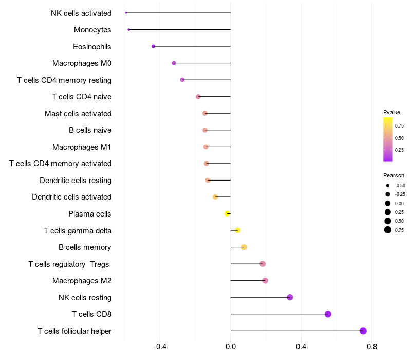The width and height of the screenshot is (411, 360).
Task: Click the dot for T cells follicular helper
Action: (363, 331)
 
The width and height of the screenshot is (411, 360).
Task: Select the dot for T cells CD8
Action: (328, 314)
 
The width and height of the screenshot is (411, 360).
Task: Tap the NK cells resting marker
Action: (290, 297)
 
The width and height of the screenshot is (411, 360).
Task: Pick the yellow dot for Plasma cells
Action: (227, 213)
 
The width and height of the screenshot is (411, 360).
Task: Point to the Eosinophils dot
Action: (153, 46)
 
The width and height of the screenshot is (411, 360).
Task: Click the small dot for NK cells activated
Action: (126, 13)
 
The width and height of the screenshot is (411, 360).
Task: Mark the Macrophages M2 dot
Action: (265, 281)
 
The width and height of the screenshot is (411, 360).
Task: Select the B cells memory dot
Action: (244, 247)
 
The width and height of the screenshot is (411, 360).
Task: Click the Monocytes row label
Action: (92, 30)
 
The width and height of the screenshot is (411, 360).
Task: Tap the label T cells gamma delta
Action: (78, 230)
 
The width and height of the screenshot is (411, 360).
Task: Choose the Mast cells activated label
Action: (78, 113)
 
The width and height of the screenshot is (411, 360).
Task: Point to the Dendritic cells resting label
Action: (76, 180)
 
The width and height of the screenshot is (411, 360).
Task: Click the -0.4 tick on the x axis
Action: (160, 347)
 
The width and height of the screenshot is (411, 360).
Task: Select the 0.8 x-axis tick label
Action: (372, 347)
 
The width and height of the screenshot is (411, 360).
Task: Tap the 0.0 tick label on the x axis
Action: (231, 347)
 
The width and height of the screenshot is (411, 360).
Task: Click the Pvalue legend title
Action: (391, 112)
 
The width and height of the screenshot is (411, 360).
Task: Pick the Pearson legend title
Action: (394, 175)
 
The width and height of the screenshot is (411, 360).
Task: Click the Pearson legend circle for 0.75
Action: (388, 230)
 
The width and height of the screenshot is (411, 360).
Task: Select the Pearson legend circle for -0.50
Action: (388, 185)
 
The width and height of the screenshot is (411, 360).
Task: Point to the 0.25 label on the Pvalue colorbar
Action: (399, 150)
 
